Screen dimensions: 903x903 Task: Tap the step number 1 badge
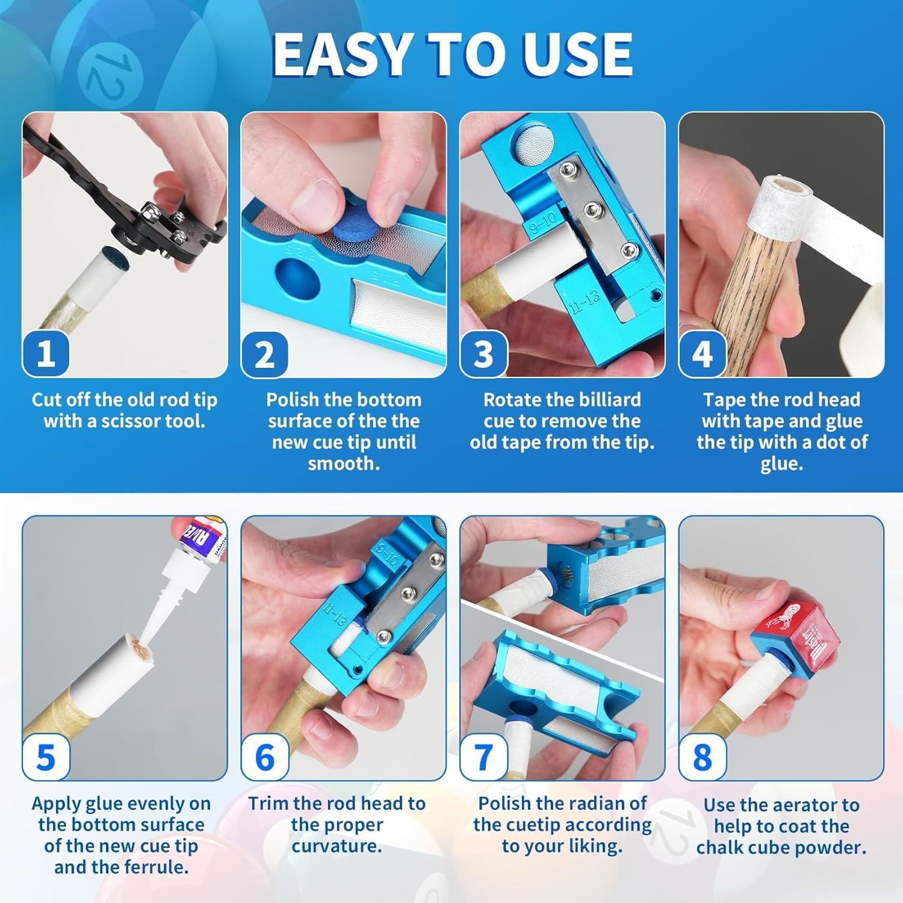tap(46, 354)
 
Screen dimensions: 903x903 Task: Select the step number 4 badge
tap(702, 354)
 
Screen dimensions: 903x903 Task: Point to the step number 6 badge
tap(264, 757)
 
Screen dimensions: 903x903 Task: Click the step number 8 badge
tap(702, 757)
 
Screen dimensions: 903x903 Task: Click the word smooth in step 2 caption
tap(344, 464)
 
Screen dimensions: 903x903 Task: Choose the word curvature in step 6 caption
tap(337, 846)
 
